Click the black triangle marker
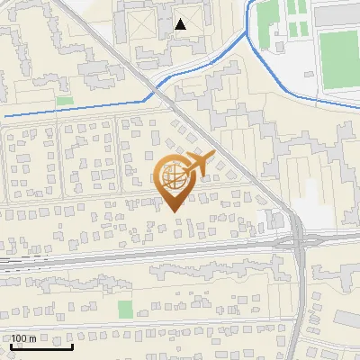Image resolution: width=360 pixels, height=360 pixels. (x=182, y=24)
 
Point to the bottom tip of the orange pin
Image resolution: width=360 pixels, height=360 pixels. (x=174, y=211)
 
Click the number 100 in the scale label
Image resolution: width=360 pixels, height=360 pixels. (x=21, y=338)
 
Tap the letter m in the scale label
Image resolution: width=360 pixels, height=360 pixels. (x=33, y=338)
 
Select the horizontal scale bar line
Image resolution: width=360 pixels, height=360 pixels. (x=41, y=346)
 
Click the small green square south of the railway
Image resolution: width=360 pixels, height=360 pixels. (x=125, y=310)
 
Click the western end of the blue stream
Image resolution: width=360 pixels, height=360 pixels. (x=4, y=117)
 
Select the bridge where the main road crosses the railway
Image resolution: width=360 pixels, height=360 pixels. (x=299, y=241)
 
